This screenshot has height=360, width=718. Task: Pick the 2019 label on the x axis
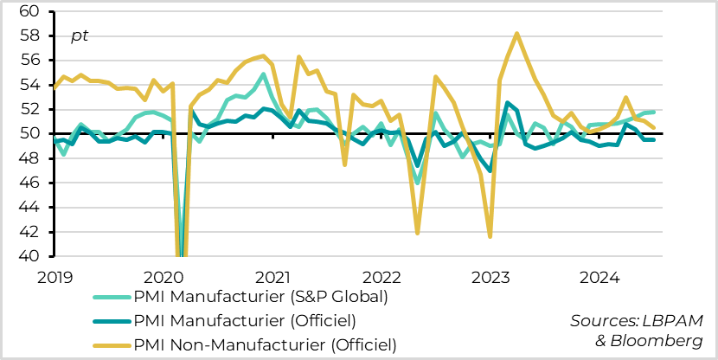(x=54, y=278)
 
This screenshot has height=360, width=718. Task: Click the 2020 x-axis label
(x=163, y=278)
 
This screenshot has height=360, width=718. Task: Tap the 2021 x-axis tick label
(x=273, y=278)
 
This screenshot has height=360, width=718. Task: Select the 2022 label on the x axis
(x=382, y=278)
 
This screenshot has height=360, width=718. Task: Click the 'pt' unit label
(x=80, y=36)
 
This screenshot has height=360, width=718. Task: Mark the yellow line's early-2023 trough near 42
(x=490, y=236)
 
